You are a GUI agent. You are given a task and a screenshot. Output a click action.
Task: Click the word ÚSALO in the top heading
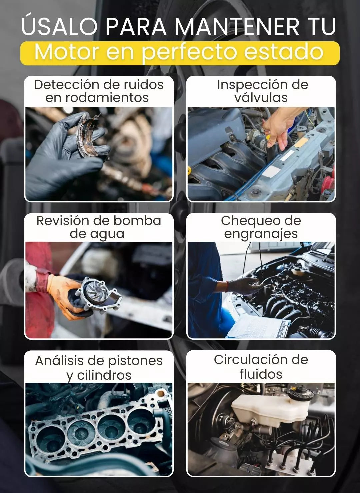click(60, 25)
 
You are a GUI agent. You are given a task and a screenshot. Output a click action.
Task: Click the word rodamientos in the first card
click(97, 97)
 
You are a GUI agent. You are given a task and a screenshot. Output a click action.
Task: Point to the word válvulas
click(261, 97)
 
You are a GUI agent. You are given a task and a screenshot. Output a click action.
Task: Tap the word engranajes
click(261, 234)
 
